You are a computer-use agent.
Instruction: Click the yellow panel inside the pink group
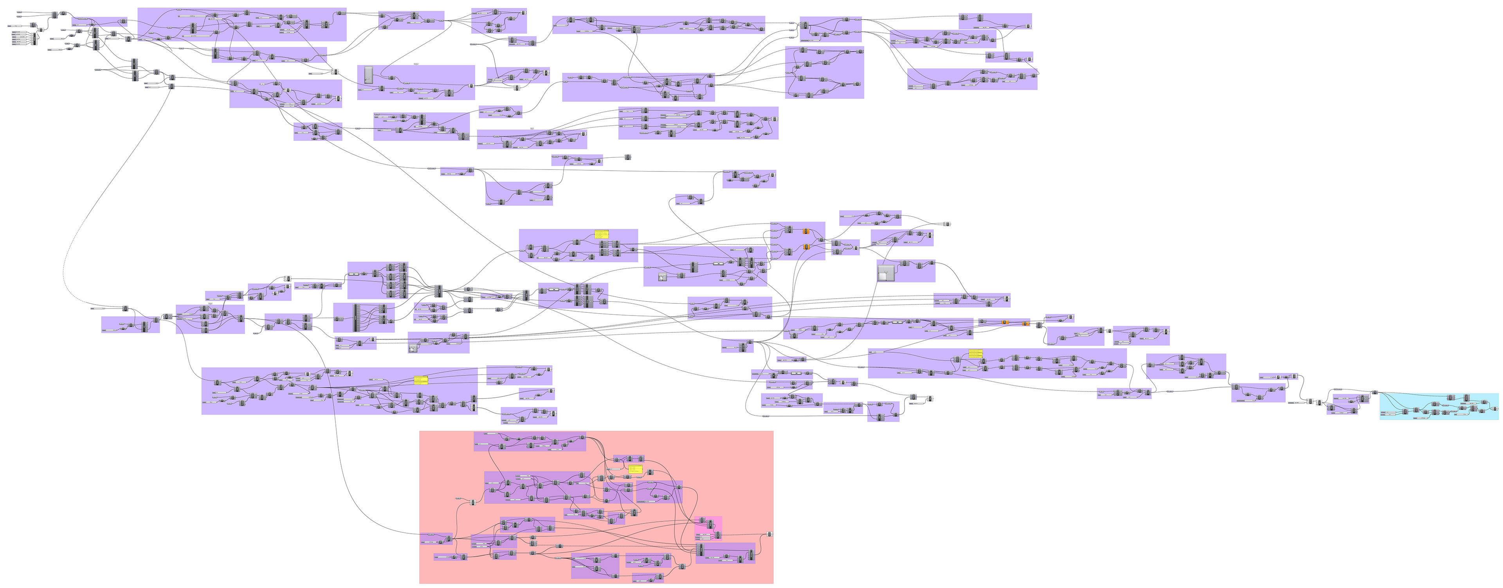[x=635, y=469]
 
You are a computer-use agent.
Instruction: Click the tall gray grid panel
[x=368, y=76]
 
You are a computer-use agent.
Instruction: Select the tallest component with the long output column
[x=356, y=318]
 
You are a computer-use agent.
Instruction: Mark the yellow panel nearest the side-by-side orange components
[x=975, y=354]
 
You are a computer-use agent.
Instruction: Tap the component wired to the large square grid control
[x=905, y=264]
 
